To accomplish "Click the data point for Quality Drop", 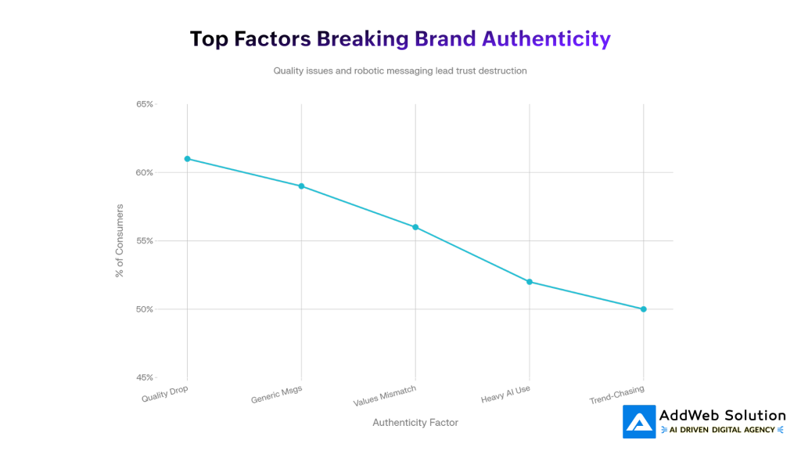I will coord(187,159).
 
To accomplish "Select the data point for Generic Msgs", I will coord(301,186).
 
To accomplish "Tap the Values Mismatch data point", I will coord(415,227).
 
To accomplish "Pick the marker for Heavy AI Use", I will coord(530,282).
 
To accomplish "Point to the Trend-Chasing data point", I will coord(644,309).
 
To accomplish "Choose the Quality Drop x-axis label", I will coord(165,394).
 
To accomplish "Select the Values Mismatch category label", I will coord(385,396).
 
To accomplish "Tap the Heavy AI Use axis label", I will coord(506,395).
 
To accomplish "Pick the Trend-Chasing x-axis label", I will coord(617,395).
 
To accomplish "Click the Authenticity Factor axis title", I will coord(415,423).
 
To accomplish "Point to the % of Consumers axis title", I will coord(120,241).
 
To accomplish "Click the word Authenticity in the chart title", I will coord(546,39).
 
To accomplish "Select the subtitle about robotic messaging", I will coord(400,70).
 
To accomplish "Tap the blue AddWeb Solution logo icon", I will coord(639,421).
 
